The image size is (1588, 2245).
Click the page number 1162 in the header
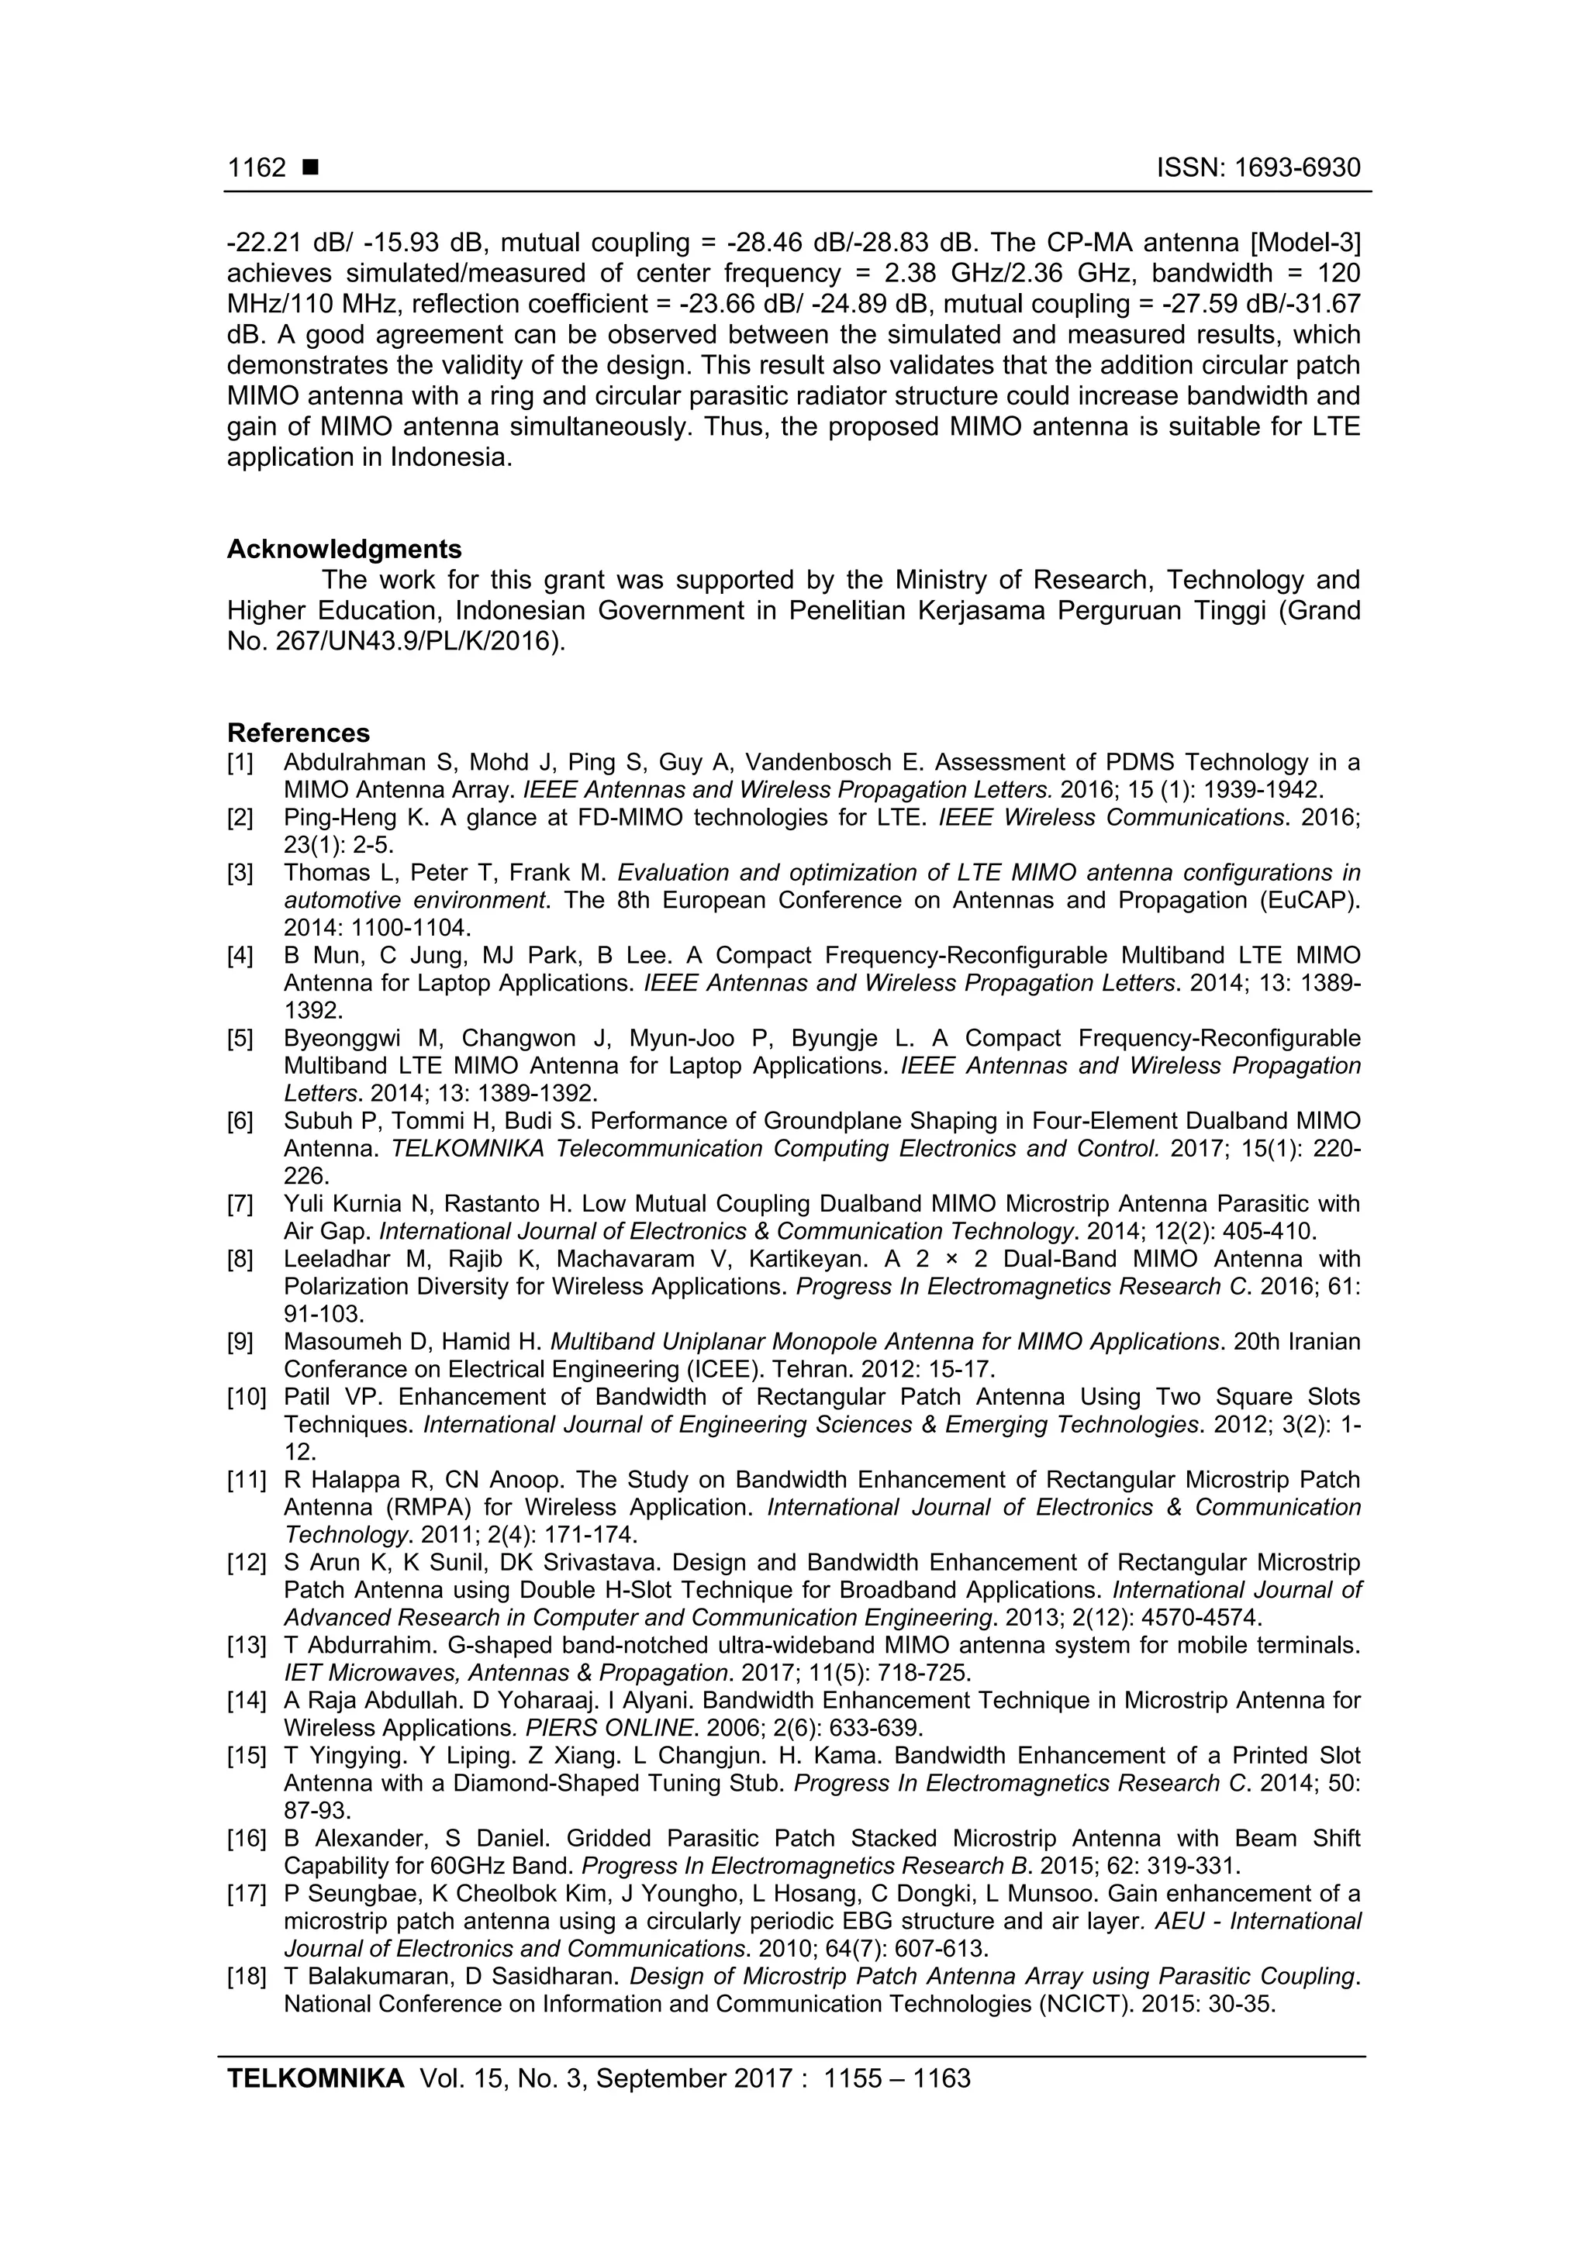(x=256, y=168)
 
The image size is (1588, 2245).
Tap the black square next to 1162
(x=311, y=168)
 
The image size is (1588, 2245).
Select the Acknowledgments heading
(x=344, y=549)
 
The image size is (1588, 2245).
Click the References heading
(x=299, y=733)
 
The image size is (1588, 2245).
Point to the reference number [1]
(x=240, y=763)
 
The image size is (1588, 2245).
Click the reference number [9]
(x=240, y=1342)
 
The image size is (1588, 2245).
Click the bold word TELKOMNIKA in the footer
(x=315, y=2078)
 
